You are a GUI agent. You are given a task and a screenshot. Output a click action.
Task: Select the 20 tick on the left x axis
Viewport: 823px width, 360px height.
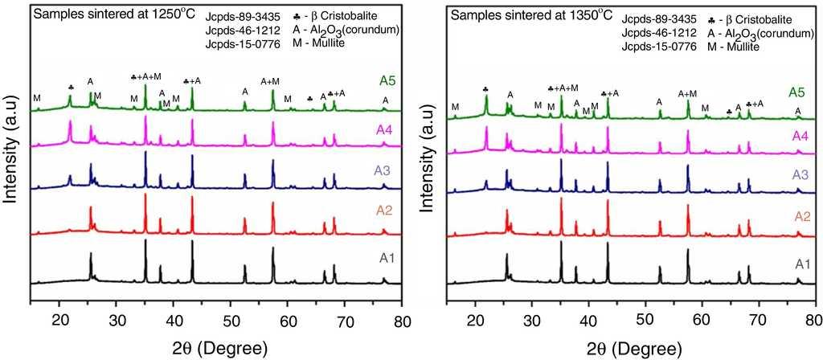61,322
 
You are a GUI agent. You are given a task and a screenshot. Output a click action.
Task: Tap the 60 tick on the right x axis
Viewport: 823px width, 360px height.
701,322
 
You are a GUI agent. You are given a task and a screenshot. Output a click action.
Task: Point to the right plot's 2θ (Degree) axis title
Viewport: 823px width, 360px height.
635,347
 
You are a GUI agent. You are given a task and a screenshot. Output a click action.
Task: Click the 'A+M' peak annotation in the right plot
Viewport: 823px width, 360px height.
687,93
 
